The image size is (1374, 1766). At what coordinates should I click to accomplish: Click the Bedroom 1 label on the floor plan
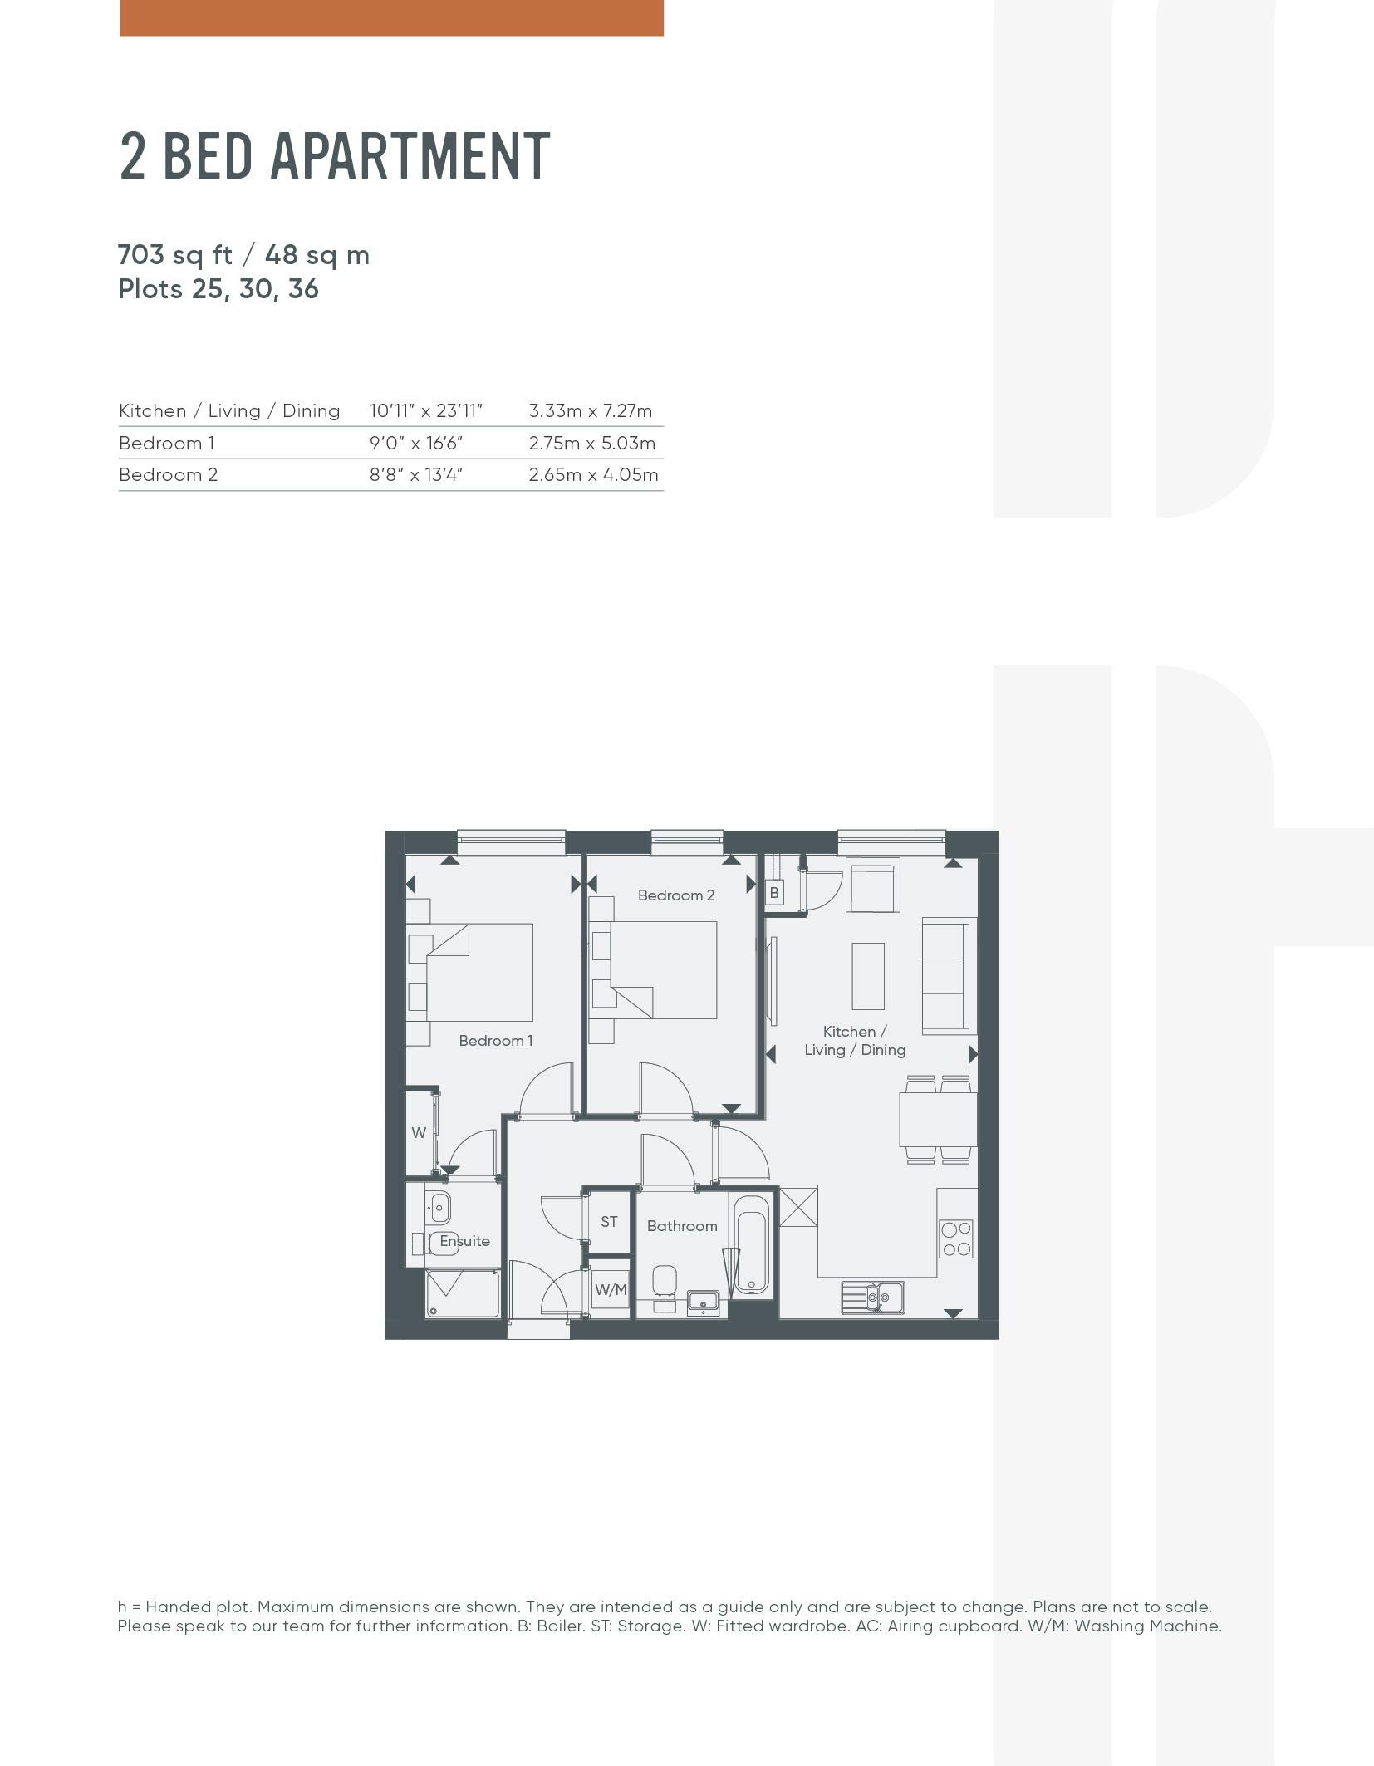[496, 1041]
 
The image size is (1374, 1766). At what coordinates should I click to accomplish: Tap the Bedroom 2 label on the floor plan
[676, 895]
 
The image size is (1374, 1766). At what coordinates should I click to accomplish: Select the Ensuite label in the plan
[464, 1241]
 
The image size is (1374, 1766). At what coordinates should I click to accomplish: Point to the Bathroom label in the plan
[682, 1226]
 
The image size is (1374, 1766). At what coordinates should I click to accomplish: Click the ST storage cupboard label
[609, 1222]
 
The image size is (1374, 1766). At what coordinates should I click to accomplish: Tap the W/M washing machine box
[611, 1289]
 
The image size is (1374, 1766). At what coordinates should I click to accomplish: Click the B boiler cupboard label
[774, 893]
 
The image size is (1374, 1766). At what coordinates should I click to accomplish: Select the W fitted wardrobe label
[419, 1133]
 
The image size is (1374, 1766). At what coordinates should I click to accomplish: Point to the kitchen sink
[873, 1298]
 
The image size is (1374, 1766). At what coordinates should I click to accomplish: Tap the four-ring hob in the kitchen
[956, 1239]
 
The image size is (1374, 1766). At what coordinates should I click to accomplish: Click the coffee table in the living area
[869, 976]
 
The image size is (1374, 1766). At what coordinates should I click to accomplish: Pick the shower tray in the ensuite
[463, 1293]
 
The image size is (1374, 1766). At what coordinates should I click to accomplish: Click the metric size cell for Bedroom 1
[592, 444]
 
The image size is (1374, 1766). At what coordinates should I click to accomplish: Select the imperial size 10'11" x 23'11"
[426, 411]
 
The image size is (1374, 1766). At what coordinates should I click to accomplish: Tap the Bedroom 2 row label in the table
[169, 475]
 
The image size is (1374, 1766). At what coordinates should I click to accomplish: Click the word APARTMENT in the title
[410, 156]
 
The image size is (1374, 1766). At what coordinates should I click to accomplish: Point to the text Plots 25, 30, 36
[218, 290]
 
